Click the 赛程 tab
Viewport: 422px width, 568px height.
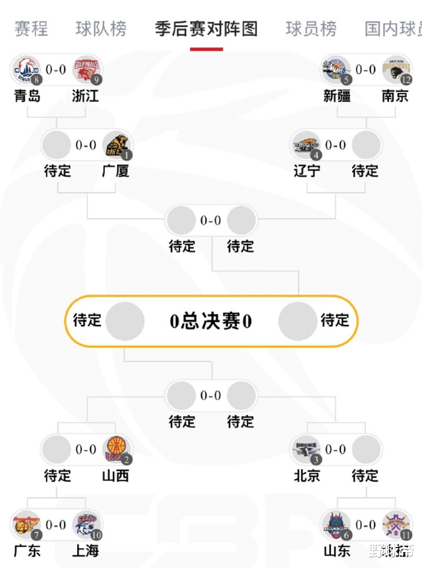click(31, 29)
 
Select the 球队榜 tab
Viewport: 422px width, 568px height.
click(101, 29)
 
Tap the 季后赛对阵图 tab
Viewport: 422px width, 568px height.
click(206, 29)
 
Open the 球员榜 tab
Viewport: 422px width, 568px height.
click(311, 29)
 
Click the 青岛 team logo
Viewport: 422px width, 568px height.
click(26, 69)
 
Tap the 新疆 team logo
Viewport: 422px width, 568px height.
click(336, 69)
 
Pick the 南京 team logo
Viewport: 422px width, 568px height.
click(396, 69)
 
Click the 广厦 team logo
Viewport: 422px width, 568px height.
click(117, 145)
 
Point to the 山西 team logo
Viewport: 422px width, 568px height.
click(117, 450)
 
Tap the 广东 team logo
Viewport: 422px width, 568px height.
click(26, 525)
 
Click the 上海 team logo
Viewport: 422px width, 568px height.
click(86, 525)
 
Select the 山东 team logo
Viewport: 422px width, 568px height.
click(336, 525)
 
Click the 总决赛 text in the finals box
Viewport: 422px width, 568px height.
click(210, 322)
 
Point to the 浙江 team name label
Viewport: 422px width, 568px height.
click(86, 96)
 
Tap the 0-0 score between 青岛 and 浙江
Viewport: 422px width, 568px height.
click(56, 69)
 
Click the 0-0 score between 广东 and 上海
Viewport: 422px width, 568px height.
click(56, 525)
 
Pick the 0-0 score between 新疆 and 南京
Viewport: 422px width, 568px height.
click(366, 69)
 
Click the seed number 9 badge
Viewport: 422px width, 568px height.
click(98, 80)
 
